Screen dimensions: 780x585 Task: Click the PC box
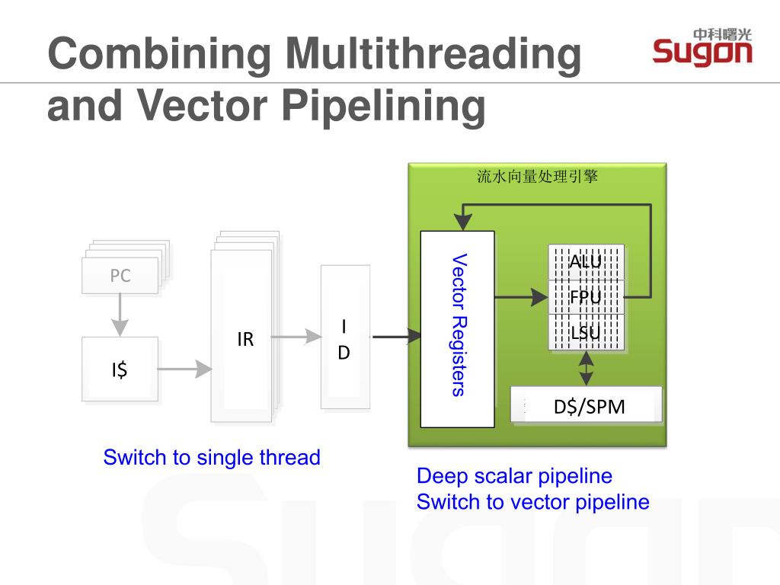pyautogui.click(x=120, y=275)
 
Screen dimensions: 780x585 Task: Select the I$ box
pyautogui.click(x=120, y=369)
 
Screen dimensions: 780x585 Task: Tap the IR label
pyautogui.click(x=245, y=339)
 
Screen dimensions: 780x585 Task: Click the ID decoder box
pyautogui.click(x=345, y=337)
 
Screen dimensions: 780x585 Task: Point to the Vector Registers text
pyautogui.click(x=459, y=324)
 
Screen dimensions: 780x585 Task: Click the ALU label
pyautogui.click(x=586, y=261)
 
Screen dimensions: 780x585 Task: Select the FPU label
pyautogui.click(x=586, y=297)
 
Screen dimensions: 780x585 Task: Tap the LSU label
pyautogui.click(x=586, y=332)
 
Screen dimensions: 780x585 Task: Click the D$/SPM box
pyautogui.click(x=587, y=405)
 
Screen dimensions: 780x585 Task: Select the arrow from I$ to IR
pyautogui.click(x=185, y=369)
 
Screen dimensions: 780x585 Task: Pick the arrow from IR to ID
pyautogui.click(x=296, y=337)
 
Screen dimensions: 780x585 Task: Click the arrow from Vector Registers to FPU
pyautogui.click(x=521, y=298)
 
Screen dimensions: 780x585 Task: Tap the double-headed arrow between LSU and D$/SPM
pyautogui.click(x=587, y=369)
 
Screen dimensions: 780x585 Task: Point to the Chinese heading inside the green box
pyautogui.click(x=537, y=176)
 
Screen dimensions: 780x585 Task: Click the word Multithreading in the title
pyautogui.click(x=433, y=54)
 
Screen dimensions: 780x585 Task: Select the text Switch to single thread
pyautogui.click(x=212, y=457)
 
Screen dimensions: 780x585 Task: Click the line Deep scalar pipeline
pyautogui.click(x=514, y=476)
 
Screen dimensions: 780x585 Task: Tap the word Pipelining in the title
pyautogui.click(x=384, y=106)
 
